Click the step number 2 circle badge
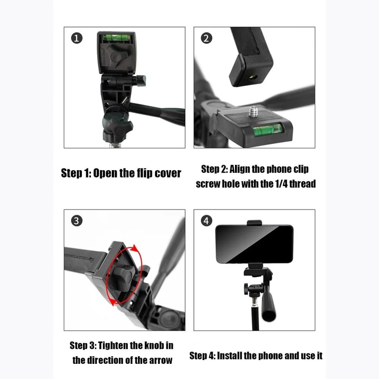click(205, 38)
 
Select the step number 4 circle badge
click(205, 221)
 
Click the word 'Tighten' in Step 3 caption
click(122, 345)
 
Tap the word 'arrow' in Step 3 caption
click(160, 360)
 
